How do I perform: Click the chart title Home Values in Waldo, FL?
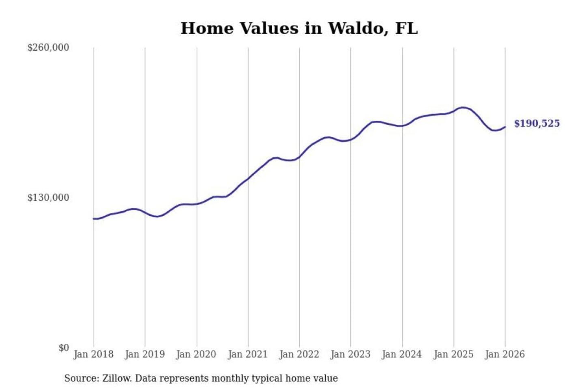coord(299,28)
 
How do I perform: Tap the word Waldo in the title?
coord(355,28)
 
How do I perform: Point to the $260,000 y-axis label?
coord(48,48)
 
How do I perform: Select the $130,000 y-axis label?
coord(48,198)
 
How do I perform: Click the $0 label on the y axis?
coord(64,348)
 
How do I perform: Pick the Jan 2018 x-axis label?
coord(93,354)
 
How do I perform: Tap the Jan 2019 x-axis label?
coord(145,354)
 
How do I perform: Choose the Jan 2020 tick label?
coord(196,354)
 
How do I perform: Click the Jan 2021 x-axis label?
coord(248,354)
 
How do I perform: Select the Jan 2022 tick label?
coord(299,354)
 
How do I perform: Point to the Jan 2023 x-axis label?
coord(351,354)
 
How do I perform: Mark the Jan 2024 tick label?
coord(402,354)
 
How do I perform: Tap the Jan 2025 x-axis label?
coord(453,354)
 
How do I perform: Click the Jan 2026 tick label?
coord(505,354)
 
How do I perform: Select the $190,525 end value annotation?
coord(537,123)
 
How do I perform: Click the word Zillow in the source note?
coord(116,379)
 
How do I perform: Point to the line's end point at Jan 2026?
coord(505,127)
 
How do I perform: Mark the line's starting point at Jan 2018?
coord(94,219)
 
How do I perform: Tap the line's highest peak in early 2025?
coord(462,108)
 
